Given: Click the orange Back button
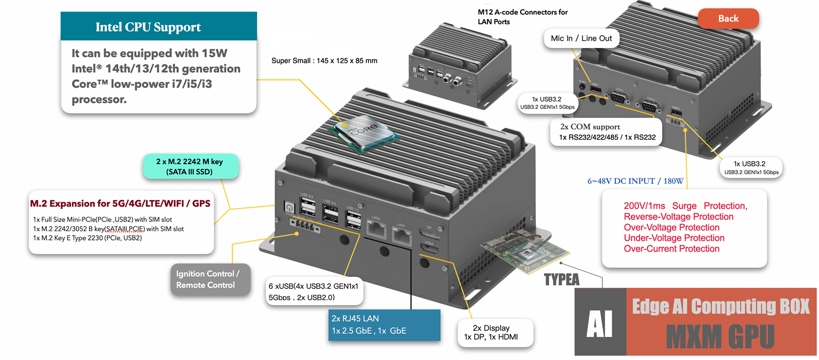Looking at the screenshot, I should pyautogui.click(x=728, y=19).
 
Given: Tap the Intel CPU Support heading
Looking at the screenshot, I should pyautogui.click(x=148, y=27).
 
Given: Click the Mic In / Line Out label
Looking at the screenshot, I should pyautogui.click(x=581, y=38).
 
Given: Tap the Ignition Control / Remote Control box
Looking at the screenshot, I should pyautogui.click(x=208, y=279).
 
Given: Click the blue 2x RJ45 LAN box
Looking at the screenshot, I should pyautogui.click(x=383, y=324).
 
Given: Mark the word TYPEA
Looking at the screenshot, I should pyautogui.click(x=562, y=279).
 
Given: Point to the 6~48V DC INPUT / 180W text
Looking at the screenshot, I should pyautogui.click(x=635, y=182).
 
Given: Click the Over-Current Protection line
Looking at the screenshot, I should pyautogui.click(x=672, y=248).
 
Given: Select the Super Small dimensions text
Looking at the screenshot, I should pyautogui.click(x=324, y=61).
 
